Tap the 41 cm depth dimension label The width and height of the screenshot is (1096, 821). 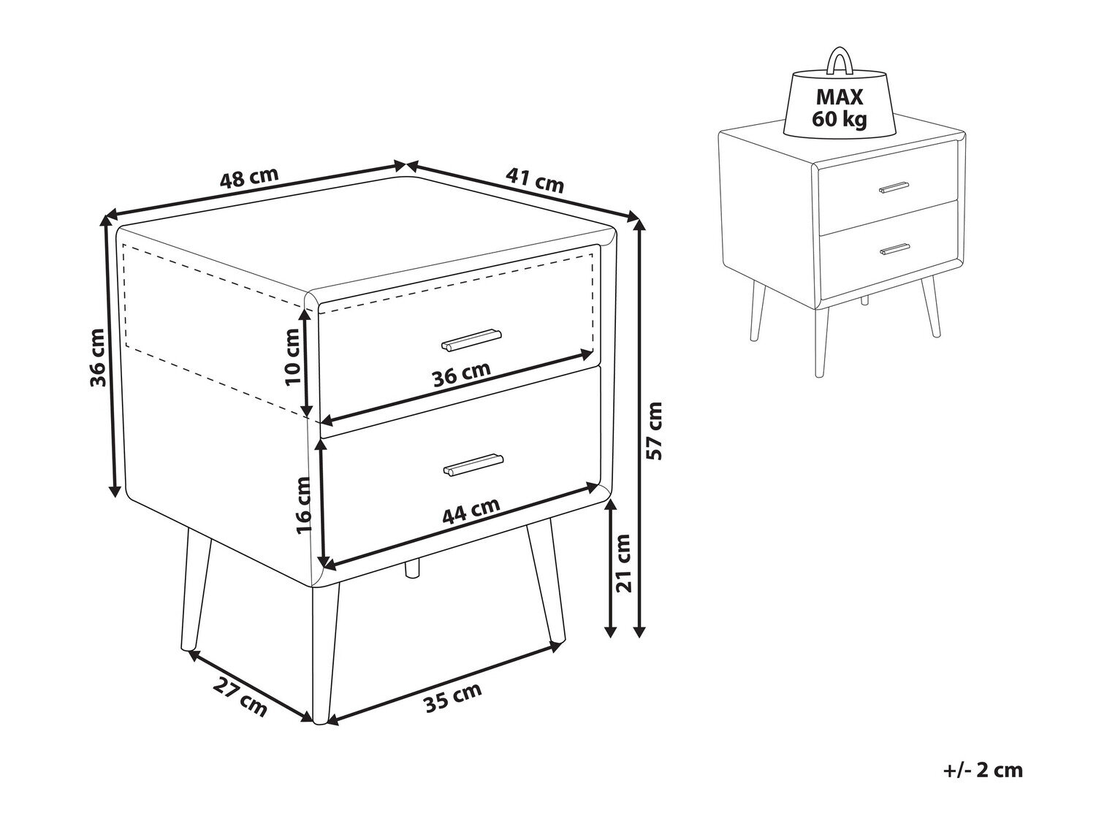tap(535, 180)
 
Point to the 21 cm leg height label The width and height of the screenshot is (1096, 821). tap(623, 563)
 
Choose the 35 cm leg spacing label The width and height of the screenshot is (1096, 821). tap(452, 698)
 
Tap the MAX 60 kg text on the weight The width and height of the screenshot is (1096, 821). tap(839, 108)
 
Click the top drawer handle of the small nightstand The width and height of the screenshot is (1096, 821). tap(894, 187)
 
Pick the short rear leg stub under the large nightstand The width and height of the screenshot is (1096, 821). tap(412, 568)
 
